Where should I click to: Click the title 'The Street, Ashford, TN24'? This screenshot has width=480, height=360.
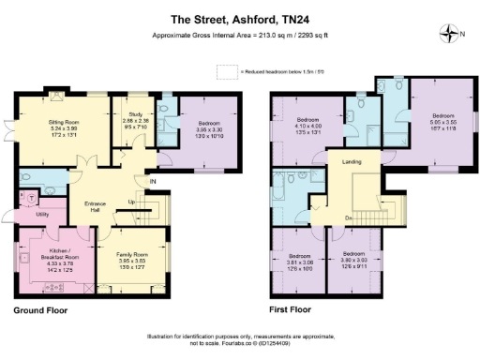point(240,18)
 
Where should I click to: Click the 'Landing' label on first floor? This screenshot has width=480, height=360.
point(352,163)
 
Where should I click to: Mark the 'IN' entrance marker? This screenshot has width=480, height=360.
point(151,181)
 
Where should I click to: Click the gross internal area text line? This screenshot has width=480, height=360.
point(240,36)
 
